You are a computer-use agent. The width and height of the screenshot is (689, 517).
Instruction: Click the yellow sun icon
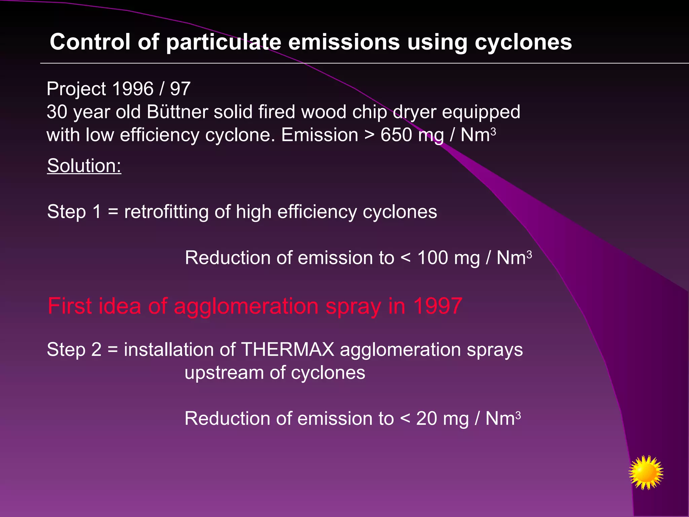point(646,472)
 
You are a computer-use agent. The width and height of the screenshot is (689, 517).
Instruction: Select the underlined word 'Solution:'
point(84,166)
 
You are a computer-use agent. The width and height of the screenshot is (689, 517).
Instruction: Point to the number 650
point(396,135)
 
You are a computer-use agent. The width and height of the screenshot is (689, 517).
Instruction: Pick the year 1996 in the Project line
point(133,89)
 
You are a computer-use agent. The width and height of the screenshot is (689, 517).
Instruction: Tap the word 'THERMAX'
point(288,349)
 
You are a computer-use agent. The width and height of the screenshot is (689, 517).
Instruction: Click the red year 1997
point(437,306)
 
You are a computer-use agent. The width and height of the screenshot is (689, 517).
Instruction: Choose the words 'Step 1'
point(74,212)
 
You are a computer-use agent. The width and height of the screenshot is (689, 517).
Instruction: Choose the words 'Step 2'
point(74,349)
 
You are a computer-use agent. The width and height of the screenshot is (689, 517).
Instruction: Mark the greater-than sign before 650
point(369,135)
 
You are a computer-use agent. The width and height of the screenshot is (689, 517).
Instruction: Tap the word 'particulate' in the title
point(223,42)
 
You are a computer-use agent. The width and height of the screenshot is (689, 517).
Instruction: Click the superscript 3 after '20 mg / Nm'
point(518,415)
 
